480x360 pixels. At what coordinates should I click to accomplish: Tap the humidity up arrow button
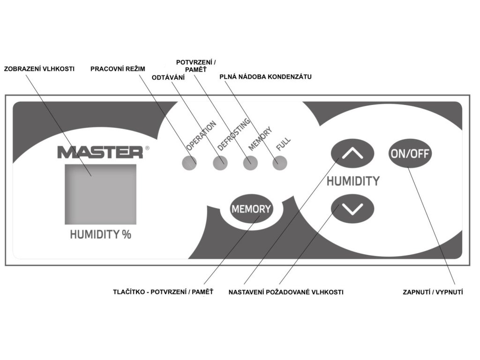tap(353, 152)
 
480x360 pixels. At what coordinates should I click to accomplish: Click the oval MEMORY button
tap(251, 209)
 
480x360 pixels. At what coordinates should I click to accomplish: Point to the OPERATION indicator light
tap(189, 163)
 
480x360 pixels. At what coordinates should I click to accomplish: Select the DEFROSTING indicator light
tap(220, 163)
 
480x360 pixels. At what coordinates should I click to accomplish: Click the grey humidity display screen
tap(100, 194)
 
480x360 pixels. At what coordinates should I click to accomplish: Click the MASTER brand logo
tap(100, 152)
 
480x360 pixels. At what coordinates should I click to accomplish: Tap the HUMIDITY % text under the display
tap(100, 234)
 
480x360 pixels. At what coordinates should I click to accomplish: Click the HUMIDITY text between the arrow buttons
tap(353, 181)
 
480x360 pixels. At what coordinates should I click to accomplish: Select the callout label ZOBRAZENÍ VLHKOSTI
tap(39, 69)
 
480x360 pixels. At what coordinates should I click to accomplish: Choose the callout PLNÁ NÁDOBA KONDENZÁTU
tap(266, 76)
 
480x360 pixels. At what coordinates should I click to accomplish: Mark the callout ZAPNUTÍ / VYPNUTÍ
tap(433, 292)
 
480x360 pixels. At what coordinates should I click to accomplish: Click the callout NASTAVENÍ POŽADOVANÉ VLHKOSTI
tap(286, 292)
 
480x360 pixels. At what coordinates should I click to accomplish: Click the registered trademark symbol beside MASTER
tap(148, 148)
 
